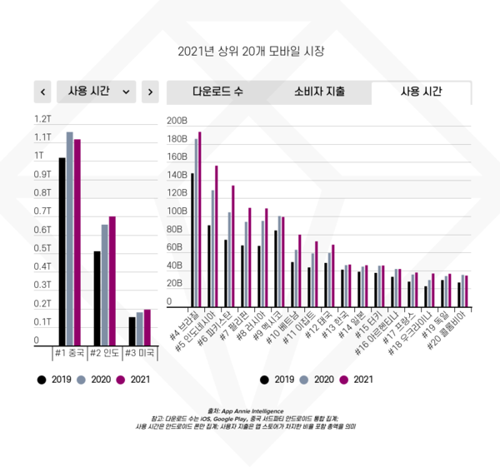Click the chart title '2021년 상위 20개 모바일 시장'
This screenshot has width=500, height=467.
pos(250,51)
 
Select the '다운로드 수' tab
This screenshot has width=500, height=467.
pos(217,91)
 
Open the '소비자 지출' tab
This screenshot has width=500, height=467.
pos(320,91)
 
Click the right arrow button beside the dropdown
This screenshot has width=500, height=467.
pos(149,91)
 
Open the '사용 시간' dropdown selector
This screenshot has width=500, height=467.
pos(97,91)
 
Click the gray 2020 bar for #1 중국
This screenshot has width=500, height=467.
pos(70,237)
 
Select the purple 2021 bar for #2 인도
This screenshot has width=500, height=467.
pos(112,280)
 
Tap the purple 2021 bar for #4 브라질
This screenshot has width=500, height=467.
pos(200,221)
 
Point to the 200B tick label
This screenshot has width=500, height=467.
pos(177,121)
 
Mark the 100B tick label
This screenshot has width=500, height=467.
pos(177,211)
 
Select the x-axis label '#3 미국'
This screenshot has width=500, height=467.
pos(139,352)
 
